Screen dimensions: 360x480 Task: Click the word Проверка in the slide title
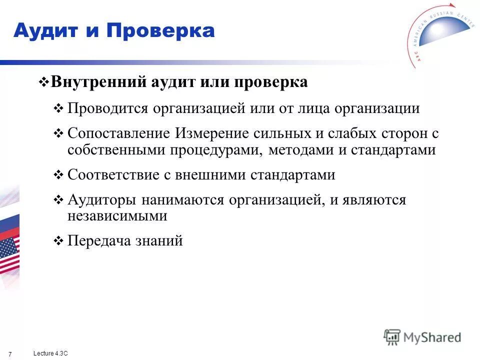[160, 31]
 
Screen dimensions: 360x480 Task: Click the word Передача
[98, 241]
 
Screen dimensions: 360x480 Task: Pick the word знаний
[159, 241]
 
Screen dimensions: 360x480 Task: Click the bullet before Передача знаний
[57, 241]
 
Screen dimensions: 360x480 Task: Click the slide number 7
[10, 354]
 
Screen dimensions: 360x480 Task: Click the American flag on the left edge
[9, 252]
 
